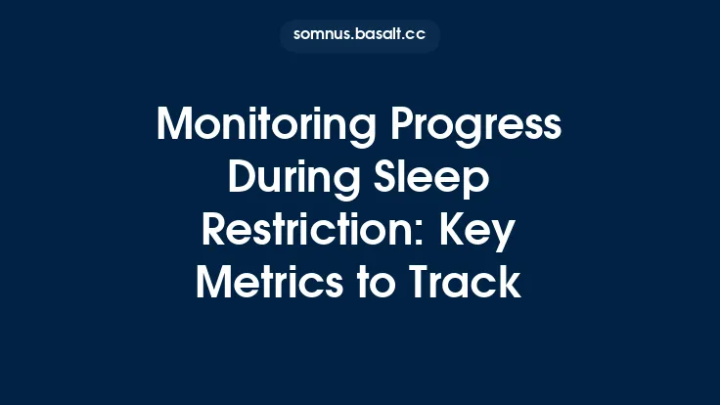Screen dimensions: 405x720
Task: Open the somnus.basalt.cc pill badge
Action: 360,35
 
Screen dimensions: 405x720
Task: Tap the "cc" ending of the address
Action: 416,35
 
